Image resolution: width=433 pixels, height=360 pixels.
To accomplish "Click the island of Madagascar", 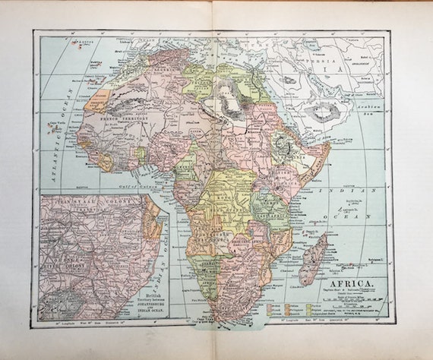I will [313, 257].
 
